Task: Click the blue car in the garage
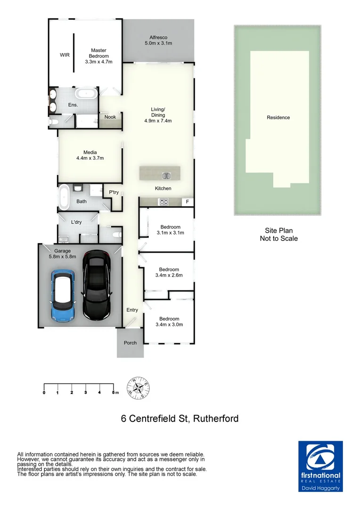point(62,296)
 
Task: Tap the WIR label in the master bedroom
point(65,55)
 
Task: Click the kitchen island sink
point(166,176)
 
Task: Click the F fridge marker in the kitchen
point(188,202)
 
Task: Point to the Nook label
point(110,117)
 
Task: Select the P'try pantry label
point(114,192)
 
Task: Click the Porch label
point(130,343)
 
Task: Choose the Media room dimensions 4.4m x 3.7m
point(90,158)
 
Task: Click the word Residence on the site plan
point(278,117)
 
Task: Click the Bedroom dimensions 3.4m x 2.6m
point(169,275)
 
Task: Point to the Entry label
point(132,310)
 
